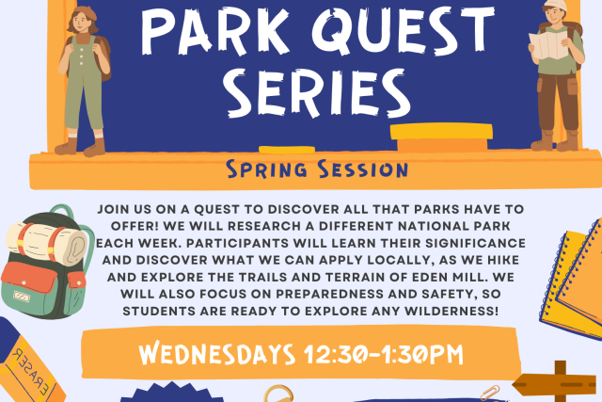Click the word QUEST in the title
click(403, 30)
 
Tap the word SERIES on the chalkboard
click(317, 93)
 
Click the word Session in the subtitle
click(363, 169)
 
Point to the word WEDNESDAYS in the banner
click(217, 354)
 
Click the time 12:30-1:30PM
click(383, 354)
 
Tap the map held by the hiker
click(548, 45)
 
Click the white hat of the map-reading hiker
click(555, 5)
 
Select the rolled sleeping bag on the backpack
click(46, 243)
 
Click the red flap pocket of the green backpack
click(29, 278)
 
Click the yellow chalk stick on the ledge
click(287, 150)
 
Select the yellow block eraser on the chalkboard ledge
click(441, 137)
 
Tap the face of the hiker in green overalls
click(81, 22)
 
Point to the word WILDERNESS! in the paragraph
click(451, 311)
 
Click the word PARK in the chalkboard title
click(215, 31)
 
